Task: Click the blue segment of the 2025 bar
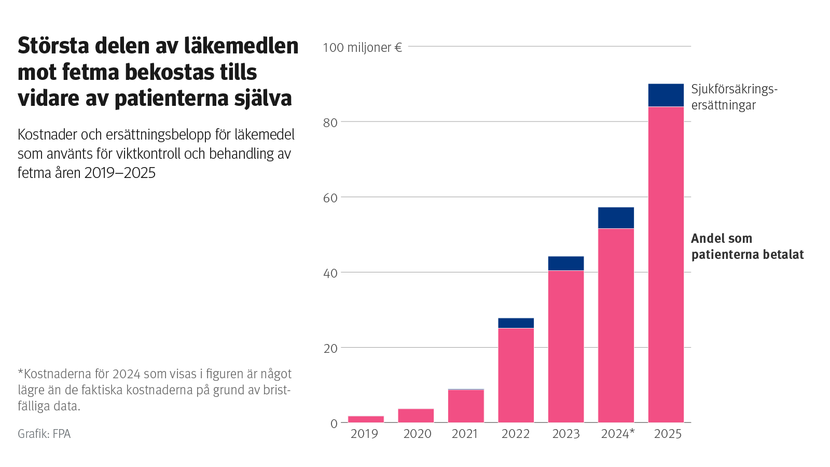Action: (666, 95)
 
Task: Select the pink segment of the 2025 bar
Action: (666, 265)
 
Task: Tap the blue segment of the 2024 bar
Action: (616, 218)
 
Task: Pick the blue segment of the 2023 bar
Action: (565, 263)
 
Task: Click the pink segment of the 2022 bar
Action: (516, 375)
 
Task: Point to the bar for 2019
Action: (366, 419)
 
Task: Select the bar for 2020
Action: (416, 416)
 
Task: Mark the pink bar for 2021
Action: (466, 406)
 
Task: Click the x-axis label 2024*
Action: (617, 434)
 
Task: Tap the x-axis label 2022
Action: (516, 434)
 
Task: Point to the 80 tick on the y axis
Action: (330, 123)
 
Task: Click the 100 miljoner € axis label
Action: (362, 48)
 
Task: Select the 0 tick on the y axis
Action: (334, 424)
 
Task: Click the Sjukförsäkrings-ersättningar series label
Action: (734, 97)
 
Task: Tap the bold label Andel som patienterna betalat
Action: (747, 246)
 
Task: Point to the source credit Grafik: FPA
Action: (44, 434)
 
